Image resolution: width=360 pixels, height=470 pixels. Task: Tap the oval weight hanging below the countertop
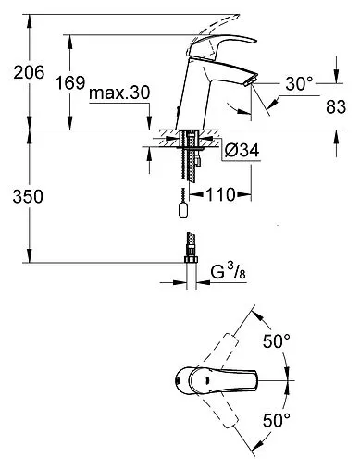click(x=184, y=212)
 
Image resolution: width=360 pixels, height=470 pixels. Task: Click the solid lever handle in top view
click(x=217, y=381)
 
